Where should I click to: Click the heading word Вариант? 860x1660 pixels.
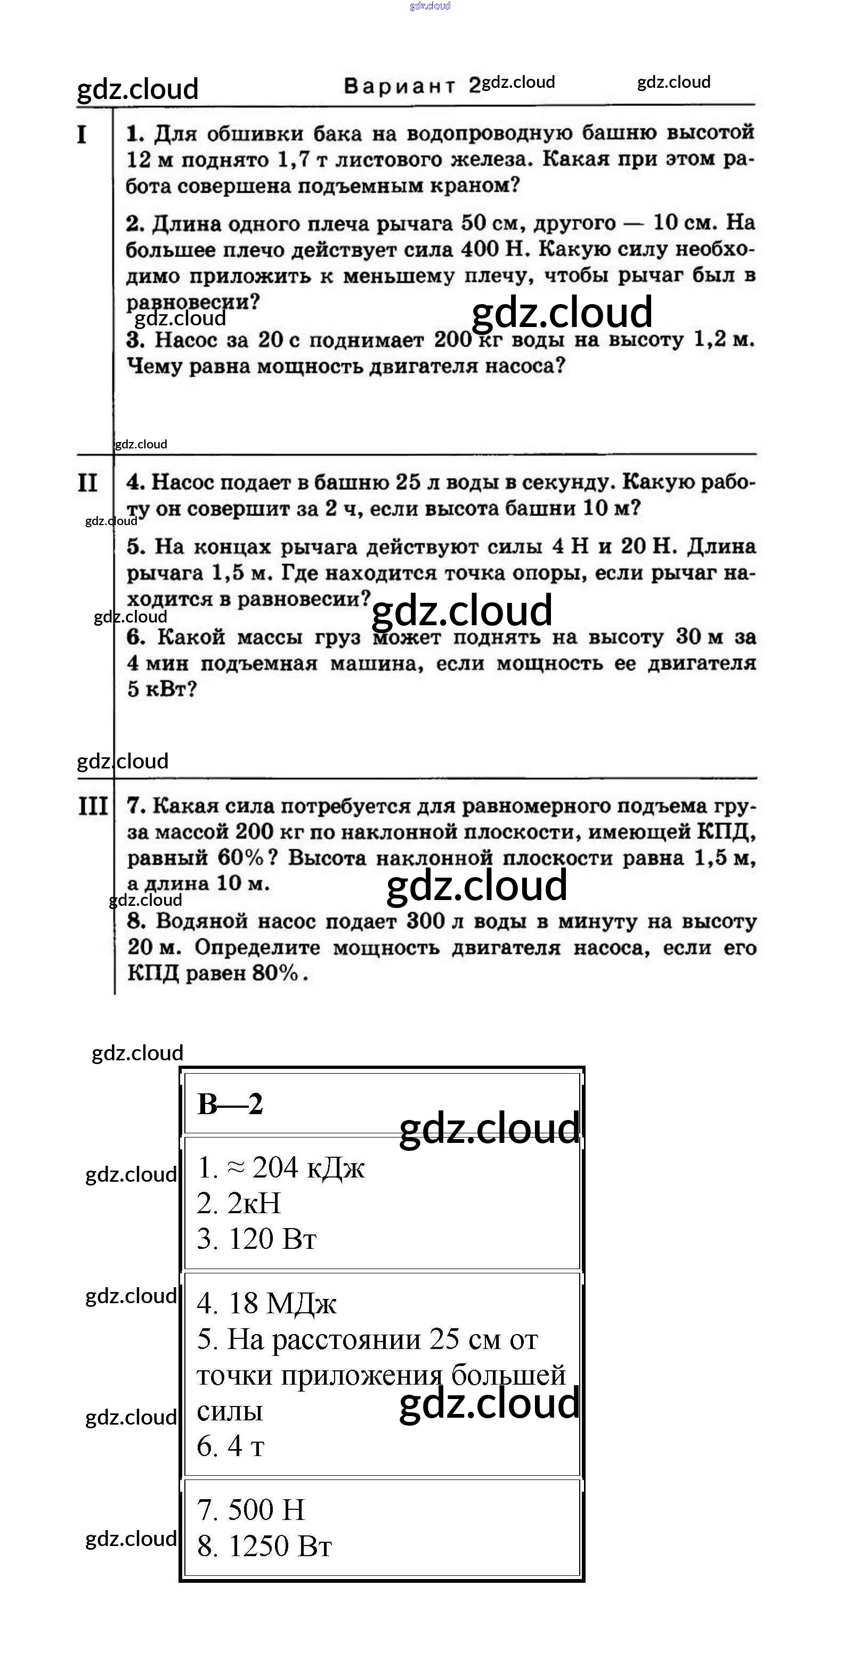click(399, 86)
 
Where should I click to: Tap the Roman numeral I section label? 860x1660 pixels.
click(82, 135)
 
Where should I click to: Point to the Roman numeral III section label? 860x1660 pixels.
click(93, 806)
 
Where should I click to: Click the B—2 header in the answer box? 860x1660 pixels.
click(230, 1105)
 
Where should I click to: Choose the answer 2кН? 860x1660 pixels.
click(254, 1203)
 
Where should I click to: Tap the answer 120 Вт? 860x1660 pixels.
click(272, 1239)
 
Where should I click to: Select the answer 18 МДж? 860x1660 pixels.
click(282, 1303)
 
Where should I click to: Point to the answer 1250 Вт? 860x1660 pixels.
click(280, 1545)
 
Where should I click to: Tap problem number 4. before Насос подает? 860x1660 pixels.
click(135, 482)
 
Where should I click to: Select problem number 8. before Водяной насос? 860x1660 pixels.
click(136, 921)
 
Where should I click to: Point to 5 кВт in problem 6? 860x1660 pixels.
click(161, 689)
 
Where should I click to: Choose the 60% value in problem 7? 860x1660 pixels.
click(240, 858)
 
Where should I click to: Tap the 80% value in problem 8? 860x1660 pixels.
click(275, 972)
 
